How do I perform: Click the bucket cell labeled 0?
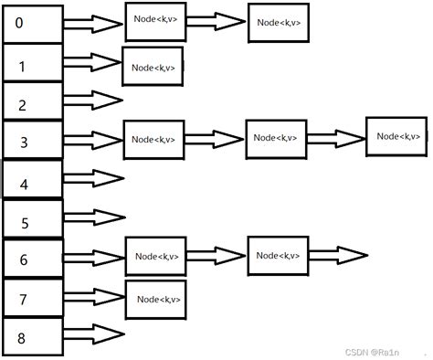tap(33, 24)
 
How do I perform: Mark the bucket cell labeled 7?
tap(33, 298)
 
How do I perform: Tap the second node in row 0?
tap(279, 22)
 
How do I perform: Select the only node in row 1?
tap(153, 66)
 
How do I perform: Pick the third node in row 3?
tap(395, 135)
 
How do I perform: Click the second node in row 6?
tap(278, 255)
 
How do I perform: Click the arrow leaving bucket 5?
tap(93, 217)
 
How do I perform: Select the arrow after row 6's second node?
tap(338, 254)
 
